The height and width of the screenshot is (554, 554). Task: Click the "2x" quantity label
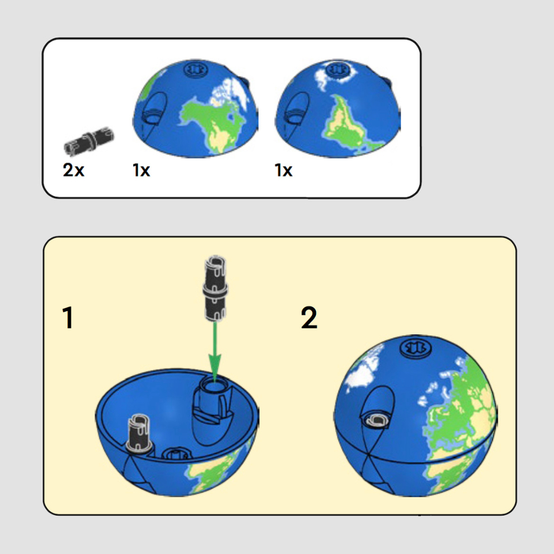(x=74, y=170)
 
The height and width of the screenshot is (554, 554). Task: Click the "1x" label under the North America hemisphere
(x=141, y=170)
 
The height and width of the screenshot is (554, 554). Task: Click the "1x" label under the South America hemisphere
(x=283, y=170)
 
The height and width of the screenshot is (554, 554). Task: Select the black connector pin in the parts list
(x=89, y=141)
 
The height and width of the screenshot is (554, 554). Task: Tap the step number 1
(x=68, y=318)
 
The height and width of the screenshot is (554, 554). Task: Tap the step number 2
(x=309, y=318)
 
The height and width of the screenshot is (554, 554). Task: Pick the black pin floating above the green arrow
(x=215, y=288)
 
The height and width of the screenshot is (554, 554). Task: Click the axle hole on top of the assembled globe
(x=415, y=348)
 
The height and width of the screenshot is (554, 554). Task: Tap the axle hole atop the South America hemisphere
(x=338, y=69)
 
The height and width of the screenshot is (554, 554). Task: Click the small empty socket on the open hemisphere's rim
(x=176, y=454)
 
